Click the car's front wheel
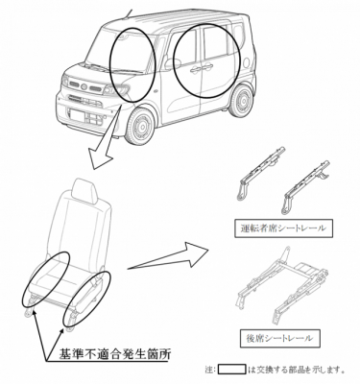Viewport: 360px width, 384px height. (140, 126)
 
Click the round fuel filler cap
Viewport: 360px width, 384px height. (247, 63)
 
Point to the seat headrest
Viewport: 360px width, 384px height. (84, 191)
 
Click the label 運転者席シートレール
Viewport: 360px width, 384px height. (283, 228)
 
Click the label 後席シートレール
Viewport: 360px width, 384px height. (279, 338)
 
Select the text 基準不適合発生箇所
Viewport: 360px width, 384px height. (115, 354)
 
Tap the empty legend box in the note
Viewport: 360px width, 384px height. (232, 370)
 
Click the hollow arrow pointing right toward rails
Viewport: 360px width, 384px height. (168, 256)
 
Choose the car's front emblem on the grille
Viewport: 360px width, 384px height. (84, 86)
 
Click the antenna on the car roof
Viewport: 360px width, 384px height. (129, 12)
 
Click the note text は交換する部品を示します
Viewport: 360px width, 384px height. (296, 370)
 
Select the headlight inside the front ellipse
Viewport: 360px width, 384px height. (118, 89)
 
